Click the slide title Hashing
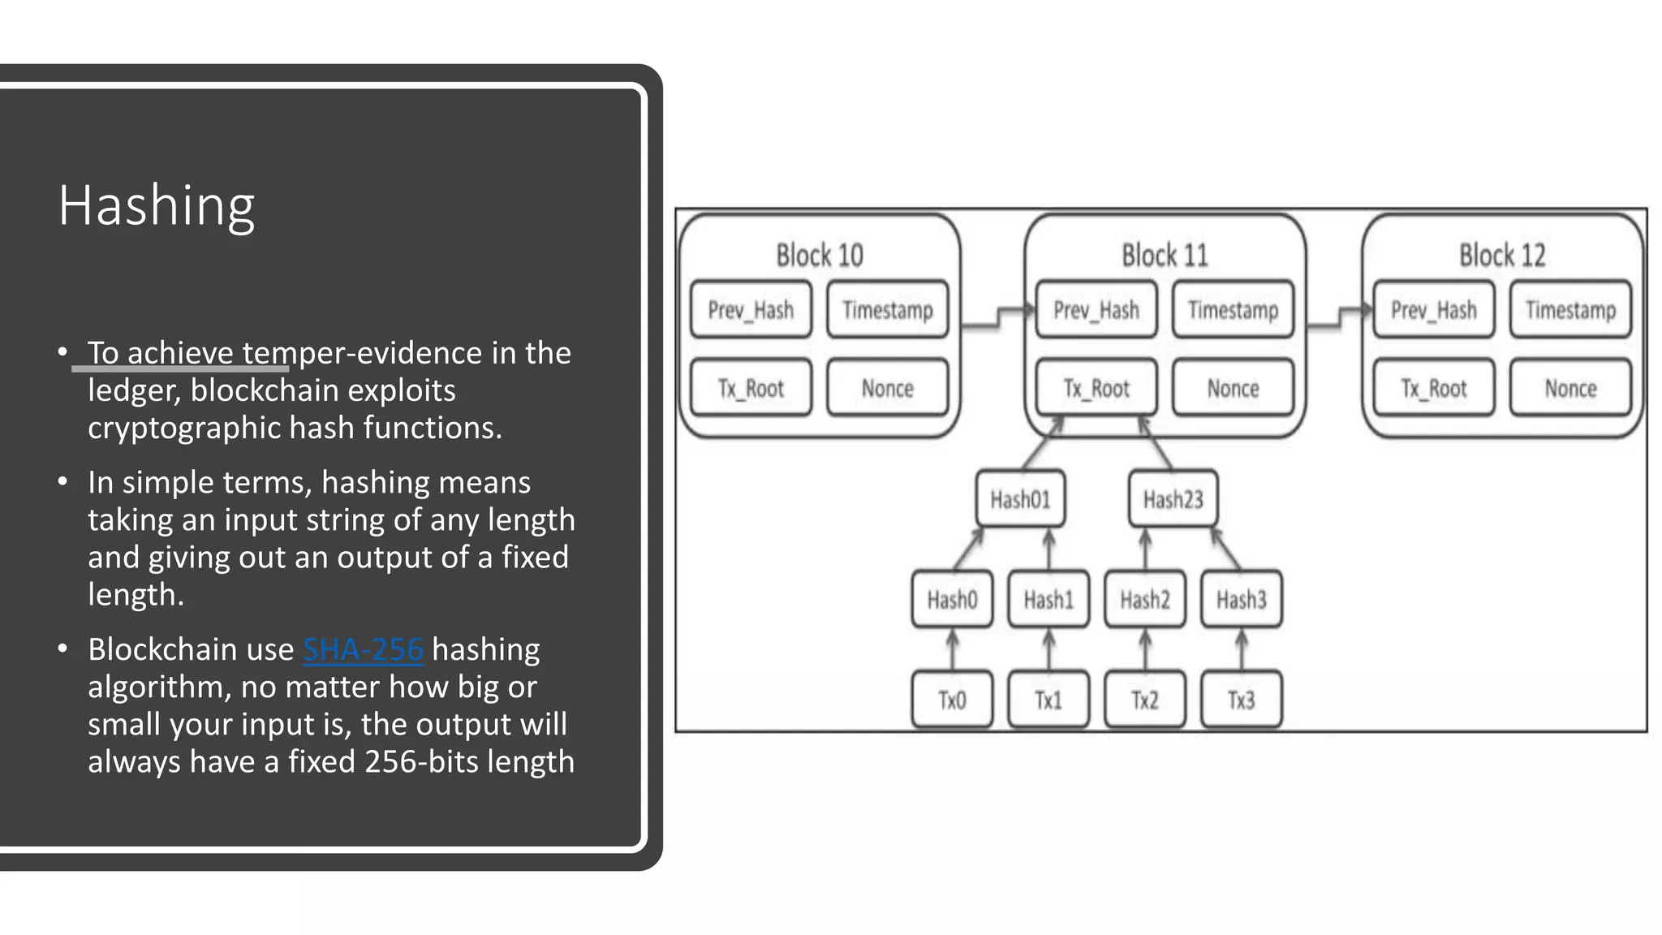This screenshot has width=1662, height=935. pyautogui.click(x=157, y=206)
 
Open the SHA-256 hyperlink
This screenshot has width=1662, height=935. pyautogui.click(x=363, y=649)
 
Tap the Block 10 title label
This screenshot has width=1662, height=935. pyautogui.click(x=820, y=256)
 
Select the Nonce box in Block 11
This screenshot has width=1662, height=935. pyautogui.click(x=1233, y=388)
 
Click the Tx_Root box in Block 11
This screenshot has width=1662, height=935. pyautogui.click(x=1096, y=388)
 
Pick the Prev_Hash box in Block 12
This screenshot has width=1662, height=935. pyautogui.click(x=1433, y=310)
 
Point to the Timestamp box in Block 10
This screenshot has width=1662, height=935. pyautogui.click(x=887, y=310)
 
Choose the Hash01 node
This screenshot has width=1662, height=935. pyautogui.click(x=1020, y=499)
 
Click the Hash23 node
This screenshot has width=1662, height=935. pyautogui.click(x=1173, y=499)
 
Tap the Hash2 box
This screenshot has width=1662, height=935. pyautogui.click(x=1144, y=600)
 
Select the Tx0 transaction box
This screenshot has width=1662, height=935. pyautogui.click(x=952, y=700)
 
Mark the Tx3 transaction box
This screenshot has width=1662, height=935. pyautogui.click(x=1241, y=700)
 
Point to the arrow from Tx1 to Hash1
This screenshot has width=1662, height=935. pyautogui.click(x=1048, y=649)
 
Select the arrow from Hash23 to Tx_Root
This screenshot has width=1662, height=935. pyautogui.click(x=1156, y=442)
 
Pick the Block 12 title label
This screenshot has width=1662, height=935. pyautogui.click(x=1502, y=256)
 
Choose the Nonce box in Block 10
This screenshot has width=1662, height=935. pyautogui.click(x=887, y=388)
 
